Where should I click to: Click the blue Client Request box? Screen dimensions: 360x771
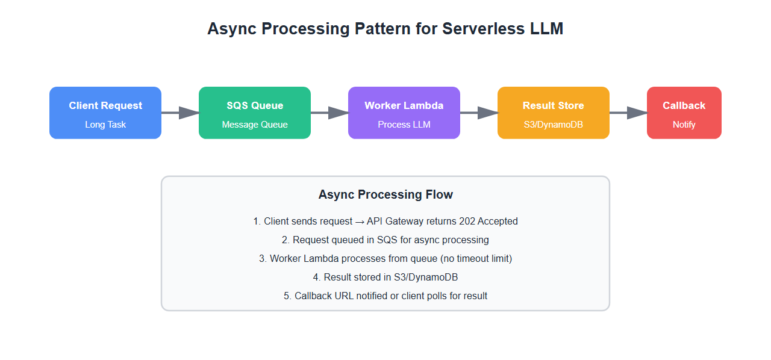(x=105, y=113)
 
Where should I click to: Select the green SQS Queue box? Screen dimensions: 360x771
(x=255, y=113)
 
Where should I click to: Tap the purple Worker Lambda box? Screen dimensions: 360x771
(x=404, y=113)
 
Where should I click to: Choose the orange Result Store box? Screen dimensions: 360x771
(x=554, y=113)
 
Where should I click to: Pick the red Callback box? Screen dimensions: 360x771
(x=684, y=113)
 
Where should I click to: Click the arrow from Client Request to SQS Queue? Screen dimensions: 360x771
(x=180, y=113)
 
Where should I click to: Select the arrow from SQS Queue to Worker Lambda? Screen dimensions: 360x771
(x=329, y=113)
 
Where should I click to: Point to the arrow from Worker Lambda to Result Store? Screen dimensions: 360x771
(x=479, y=113)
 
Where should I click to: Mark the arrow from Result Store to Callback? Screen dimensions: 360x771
(x=628, y=113)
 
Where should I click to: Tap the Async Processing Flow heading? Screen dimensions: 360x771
(x=385, y=194)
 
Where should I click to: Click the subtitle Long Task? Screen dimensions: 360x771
(x=105, y=125)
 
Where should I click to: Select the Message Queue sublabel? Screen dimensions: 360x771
(x=255, y=125)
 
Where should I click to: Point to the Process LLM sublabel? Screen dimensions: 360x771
(x=404, y=125)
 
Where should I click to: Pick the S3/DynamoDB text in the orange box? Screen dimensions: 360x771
(x=554, y=125)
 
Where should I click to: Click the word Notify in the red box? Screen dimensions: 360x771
(x=684, y=125)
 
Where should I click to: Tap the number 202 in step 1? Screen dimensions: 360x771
(x=466, y=221)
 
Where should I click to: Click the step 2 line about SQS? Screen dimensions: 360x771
(x=385, y=240)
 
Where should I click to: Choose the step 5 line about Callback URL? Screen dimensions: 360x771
(x=385, y=296)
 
